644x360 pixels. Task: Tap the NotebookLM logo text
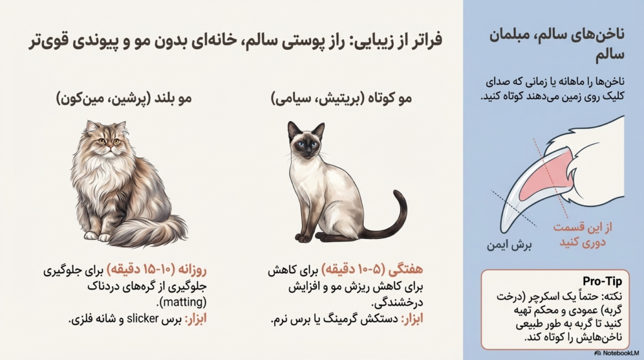point(619,354)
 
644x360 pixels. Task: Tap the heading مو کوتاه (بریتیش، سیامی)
point(333,99)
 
